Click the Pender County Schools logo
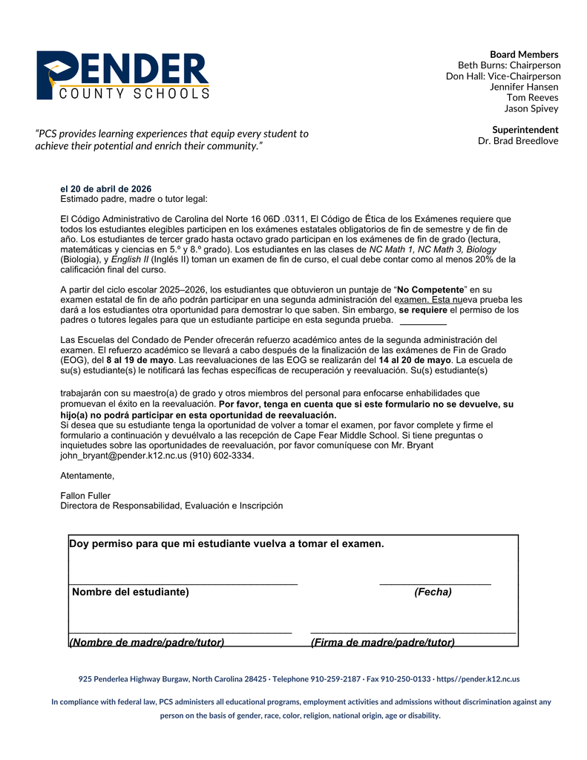click(122, 76)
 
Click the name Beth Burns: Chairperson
click(509, 65)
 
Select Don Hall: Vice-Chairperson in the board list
click(503, 76)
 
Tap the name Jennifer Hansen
click(524, 87)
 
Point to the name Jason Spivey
click(531, 108)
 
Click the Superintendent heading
click(525, 130)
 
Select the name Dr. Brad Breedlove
click(518, 141)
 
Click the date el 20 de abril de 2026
click(105, 189)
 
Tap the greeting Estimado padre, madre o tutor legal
click(134, 199)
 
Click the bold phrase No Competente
click(430, 289)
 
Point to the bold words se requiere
click(423, 309)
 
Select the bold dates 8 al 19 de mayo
click(140, 360)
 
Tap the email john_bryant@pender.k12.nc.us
click(123, 456)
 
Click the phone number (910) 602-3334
click(222, 456)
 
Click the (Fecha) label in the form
click(433, 592)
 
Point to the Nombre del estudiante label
click(130, 592)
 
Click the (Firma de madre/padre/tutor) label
click(383, 642)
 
